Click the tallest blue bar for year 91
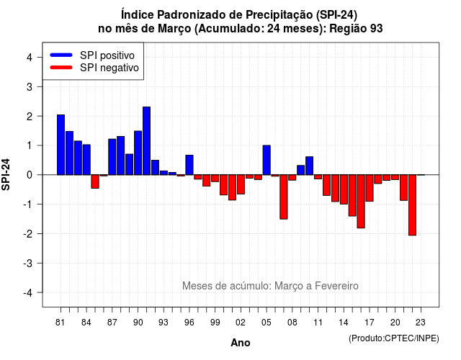146,141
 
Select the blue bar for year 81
61,145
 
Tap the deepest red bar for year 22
412,204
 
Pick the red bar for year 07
284,197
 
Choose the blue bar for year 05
267,160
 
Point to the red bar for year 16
361,202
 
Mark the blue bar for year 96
189,165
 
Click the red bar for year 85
95,181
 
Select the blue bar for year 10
309,166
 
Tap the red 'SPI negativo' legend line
61,68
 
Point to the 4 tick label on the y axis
30,58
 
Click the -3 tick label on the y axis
28,263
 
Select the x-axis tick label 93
164,323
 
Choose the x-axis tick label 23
421,323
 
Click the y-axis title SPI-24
6,174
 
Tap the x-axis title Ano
241,343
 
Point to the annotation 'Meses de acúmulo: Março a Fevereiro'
270,286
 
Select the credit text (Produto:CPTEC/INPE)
394,338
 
